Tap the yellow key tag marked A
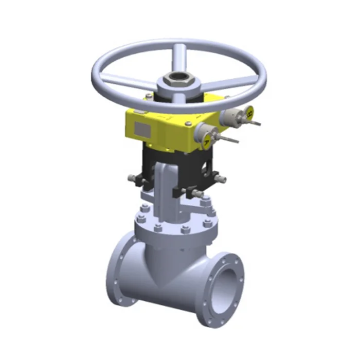[206, 140]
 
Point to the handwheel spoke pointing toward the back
[179, 56]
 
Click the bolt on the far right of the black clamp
[221, 178]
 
